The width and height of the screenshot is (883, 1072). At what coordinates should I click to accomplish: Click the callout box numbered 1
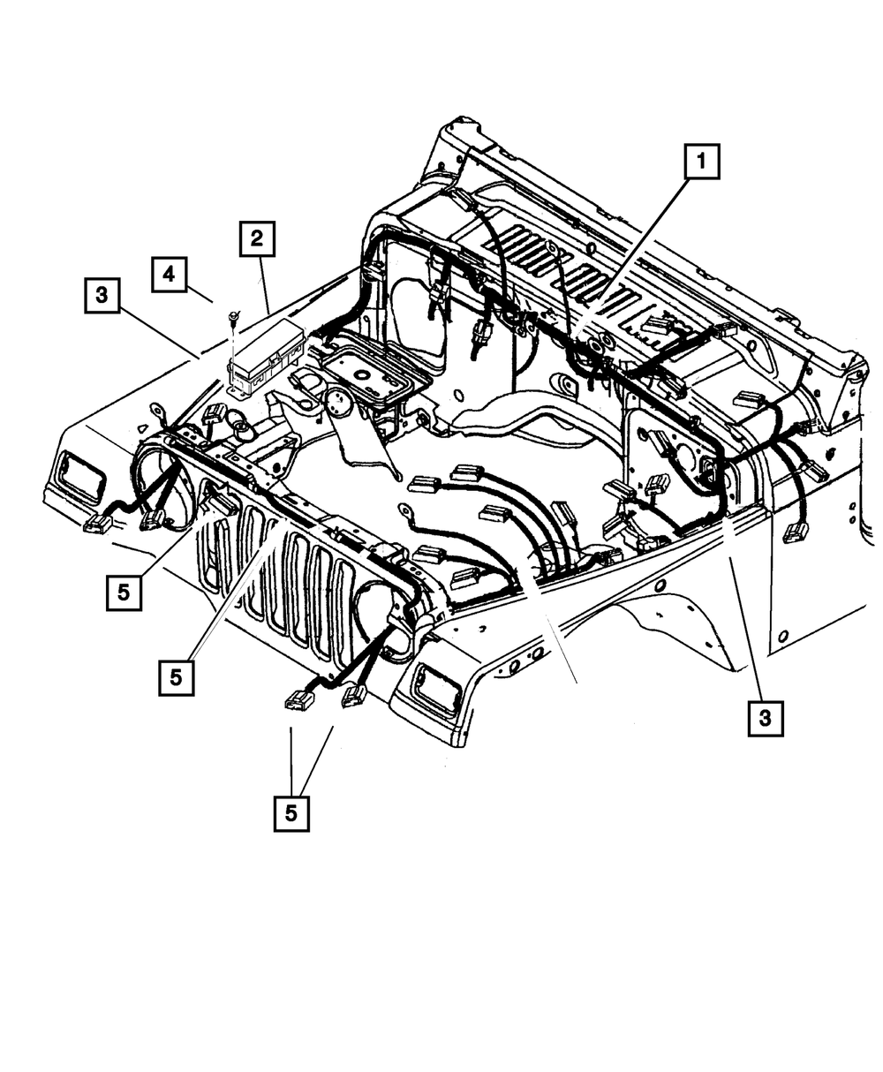[700, 162]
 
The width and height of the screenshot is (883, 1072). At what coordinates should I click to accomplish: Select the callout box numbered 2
[256, 238]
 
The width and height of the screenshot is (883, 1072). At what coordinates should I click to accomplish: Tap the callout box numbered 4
[169, 274]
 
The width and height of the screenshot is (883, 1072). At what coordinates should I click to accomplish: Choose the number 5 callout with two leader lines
[291, 812]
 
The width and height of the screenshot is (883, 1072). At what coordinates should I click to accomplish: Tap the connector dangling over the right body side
[796, 531]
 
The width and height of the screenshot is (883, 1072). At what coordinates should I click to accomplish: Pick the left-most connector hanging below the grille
[299, 700]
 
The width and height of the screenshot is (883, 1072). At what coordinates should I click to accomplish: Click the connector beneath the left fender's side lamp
[95, 525]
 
